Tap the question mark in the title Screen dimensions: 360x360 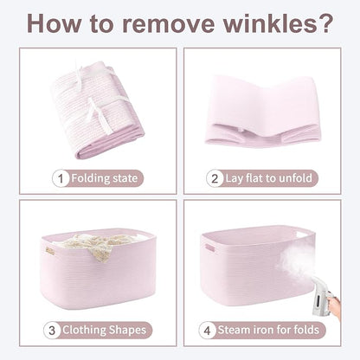(325, 23)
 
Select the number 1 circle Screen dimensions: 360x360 (61, 178)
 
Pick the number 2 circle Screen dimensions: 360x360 (215, 178)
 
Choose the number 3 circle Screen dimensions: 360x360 (52, 331)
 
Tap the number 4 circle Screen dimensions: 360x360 (207, 331)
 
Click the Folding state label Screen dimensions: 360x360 (104, 178)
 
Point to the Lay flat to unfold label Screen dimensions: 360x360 (268, 178)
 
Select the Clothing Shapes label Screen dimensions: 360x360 (105, 331)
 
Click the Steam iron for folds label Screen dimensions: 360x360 (268, 330)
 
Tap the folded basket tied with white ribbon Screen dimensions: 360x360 (97, 110)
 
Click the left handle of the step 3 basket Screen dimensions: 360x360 (48, 250)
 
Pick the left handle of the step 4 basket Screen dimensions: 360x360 (209, 247)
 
